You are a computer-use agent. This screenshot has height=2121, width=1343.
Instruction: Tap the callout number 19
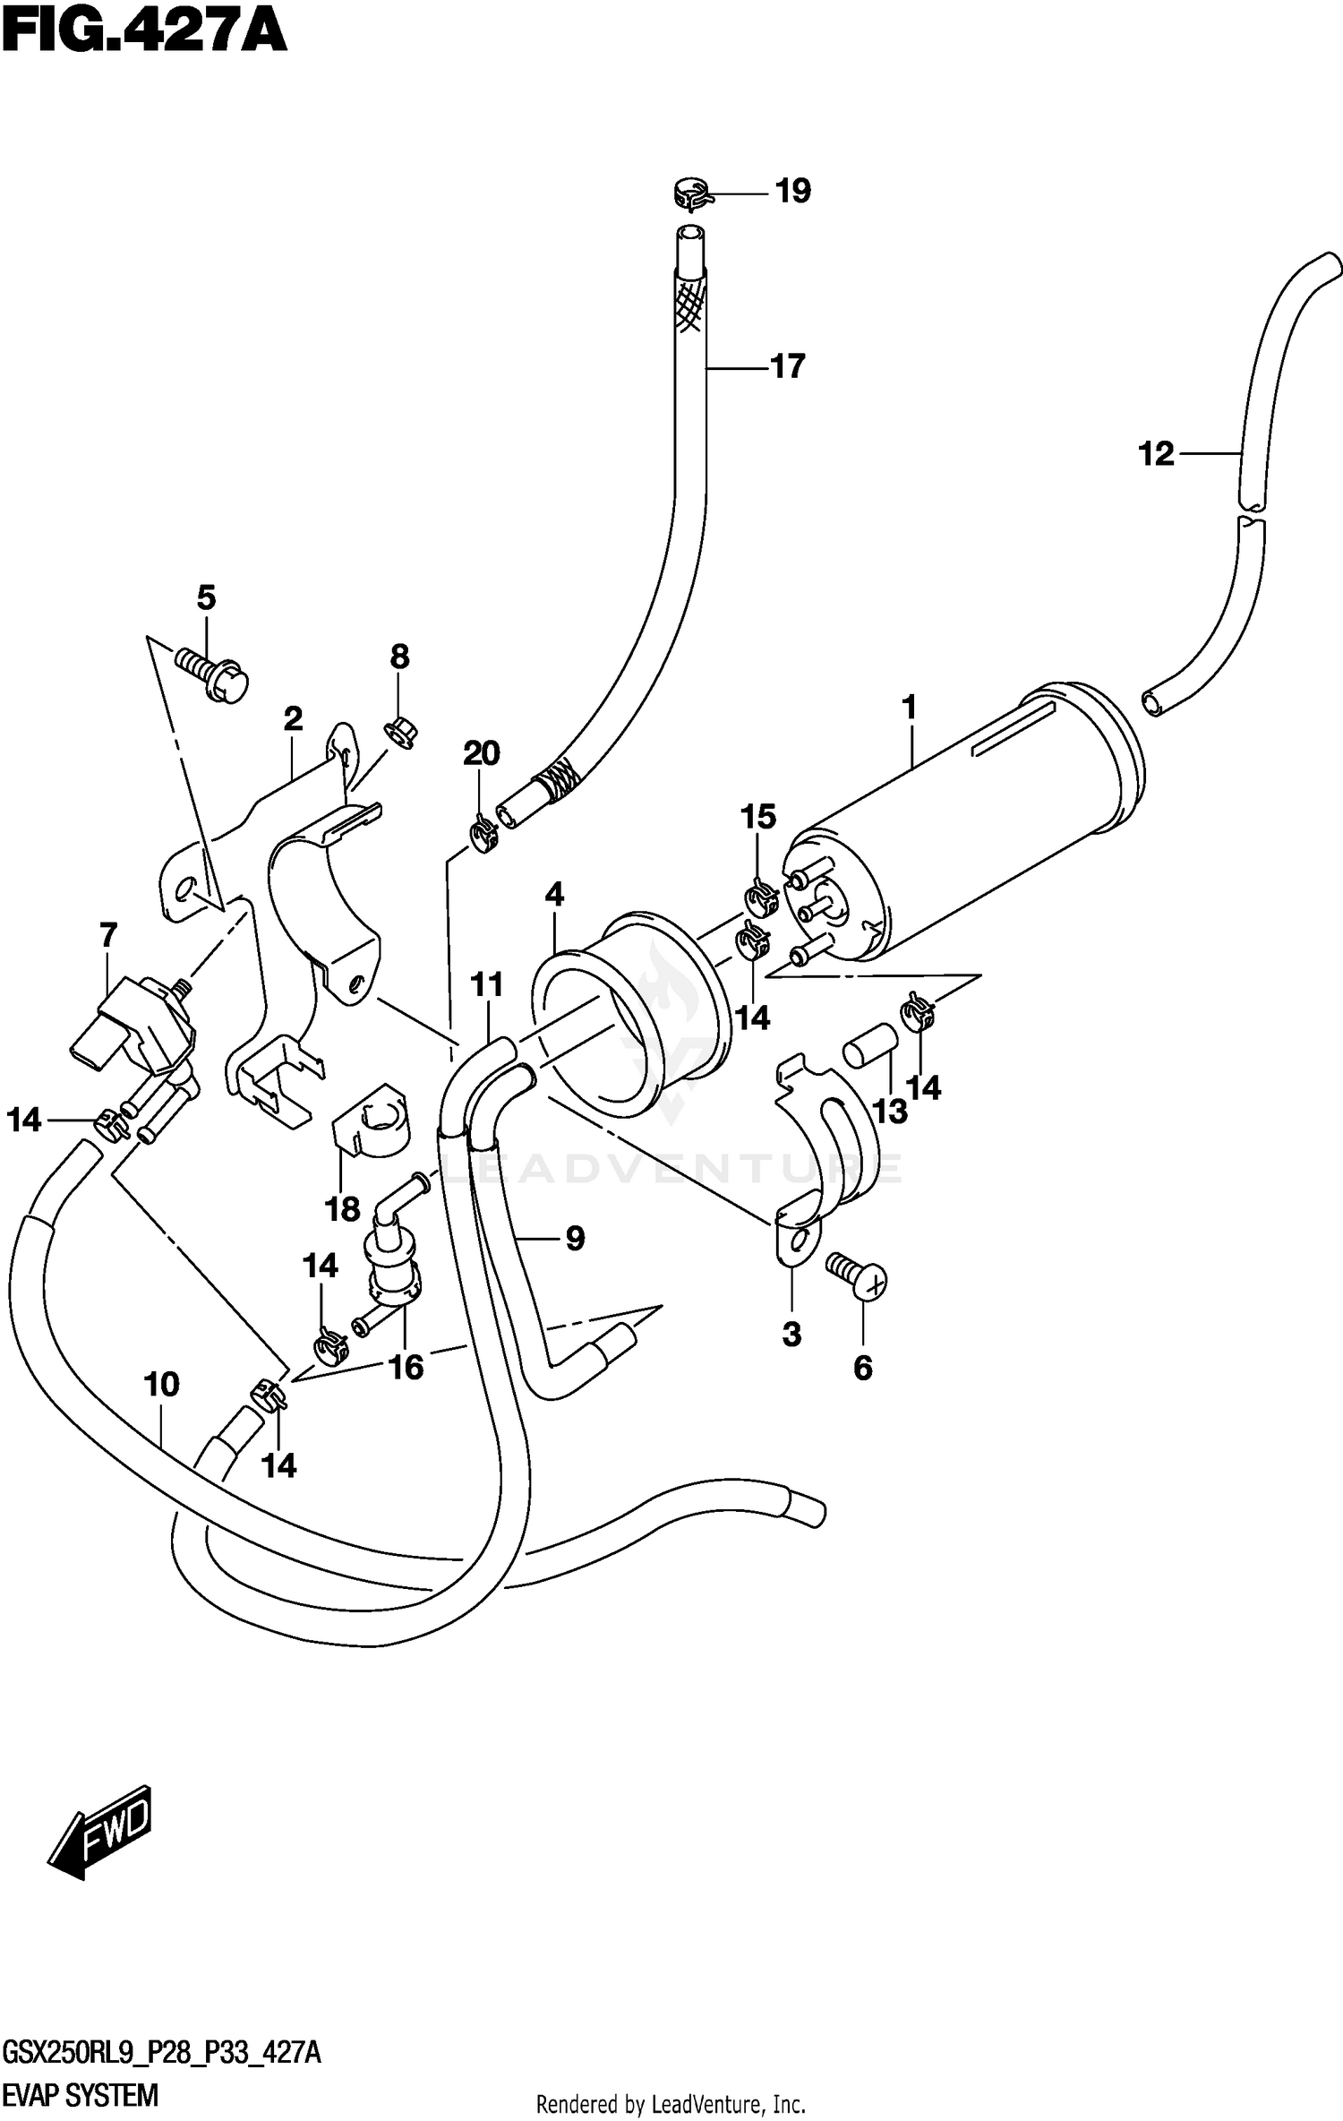point(792,191)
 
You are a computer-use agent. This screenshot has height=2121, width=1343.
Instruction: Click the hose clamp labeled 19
point(690,193)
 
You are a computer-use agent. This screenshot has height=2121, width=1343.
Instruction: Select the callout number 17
point(788,366)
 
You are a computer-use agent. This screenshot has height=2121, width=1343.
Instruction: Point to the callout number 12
point(1155,454)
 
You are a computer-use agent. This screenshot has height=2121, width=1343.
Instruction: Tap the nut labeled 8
point(399,732)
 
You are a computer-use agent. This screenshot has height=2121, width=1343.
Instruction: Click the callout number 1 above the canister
point(910,708)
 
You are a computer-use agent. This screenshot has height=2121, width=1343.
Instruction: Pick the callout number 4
point(554,894)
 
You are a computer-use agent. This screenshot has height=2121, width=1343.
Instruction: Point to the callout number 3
point(791,1335)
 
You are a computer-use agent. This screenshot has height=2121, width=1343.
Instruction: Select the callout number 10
point(161,1385)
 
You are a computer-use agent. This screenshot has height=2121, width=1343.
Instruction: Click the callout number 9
point(575,1238)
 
